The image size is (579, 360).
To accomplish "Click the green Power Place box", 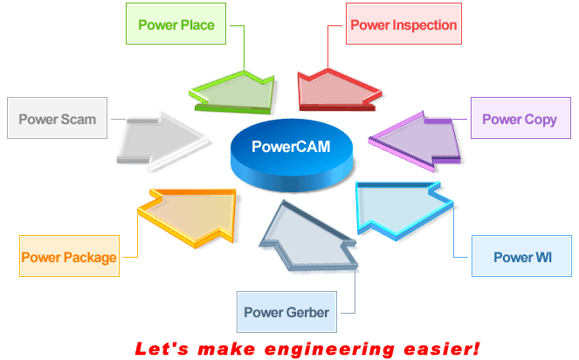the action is tap(176, 24).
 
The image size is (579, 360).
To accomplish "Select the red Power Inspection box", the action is tap(403, 24).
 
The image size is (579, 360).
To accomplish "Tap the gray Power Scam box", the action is tap(58, 118).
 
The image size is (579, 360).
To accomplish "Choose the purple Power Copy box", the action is tap(520, 118).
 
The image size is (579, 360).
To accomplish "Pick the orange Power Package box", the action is tap(69, 256).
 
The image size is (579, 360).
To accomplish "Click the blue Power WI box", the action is tap(521, 256).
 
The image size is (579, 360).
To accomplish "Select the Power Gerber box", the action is tap(286, 312).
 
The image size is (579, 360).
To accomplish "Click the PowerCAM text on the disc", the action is tap(291, 147).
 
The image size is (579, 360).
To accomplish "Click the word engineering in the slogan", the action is tap(330, 350).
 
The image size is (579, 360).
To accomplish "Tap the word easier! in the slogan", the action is tap(442, 349).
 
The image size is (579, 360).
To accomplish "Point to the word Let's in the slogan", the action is tap(162, 349).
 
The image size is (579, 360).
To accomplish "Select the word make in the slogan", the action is tap(226, 349).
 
